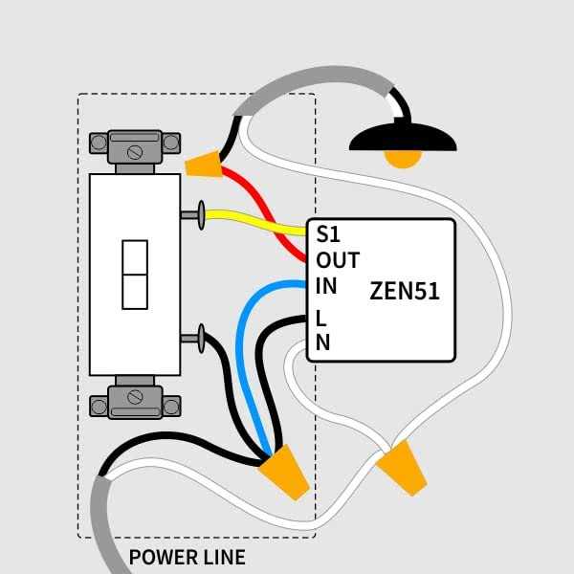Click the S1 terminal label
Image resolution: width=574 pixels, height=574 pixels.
click(328, 233)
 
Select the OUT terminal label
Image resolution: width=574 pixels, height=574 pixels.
click(338, 260)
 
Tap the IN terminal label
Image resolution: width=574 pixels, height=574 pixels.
click(326, 286)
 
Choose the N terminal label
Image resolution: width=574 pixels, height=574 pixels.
click(322, 342)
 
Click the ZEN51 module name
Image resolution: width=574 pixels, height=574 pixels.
click(405, 292)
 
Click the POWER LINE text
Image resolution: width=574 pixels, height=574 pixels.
click(188, 557)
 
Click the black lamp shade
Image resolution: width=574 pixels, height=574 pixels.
click(402, 139)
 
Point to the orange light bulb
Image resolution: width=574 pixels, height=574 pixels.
click(402, 159)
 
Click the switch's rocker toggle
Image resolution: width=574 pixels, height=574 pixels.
click(135, 275)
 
